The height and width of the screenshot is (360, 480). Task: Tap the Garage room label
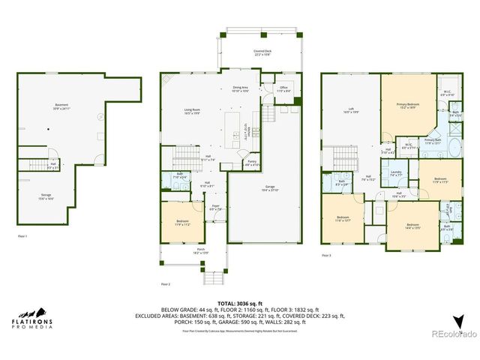(x=269, y=187)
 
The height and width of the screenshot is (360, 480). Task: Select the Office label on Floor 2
(x=283, y=88)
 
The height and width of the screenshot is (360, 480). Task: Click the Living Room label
(x=192, y=112)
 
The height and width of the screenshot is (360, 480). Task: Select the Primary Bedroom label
(x=407, y=106)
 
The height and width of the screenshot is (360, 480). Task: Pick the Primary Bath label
(x=433, y=140)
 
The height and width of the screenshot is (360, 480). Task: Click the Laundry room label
(x=396, y=174)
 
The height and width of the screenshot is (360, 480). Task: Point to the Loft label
(x=350, y=110)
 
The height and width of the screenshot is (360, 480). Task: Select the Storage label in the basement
(x=46, y=196)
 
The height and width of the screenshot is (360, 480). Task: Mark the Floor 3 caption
(x=326, y=256)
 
